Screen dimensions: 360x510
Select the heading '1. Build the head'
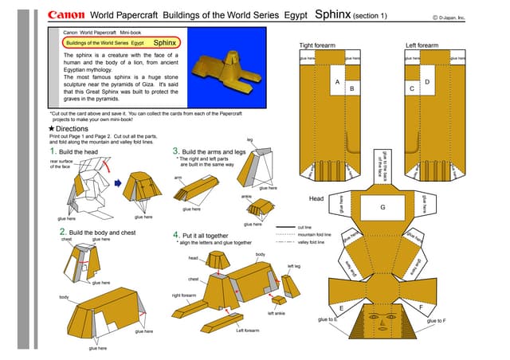point(74,151)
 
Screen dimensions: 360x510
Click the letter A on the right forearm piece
point(337,83)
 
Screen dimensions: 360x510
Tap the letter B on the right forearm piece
point(351,90)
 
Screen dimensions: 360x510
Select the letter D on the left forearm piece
point(427,83)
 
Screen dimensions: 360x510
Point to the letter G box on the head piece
point(382,207)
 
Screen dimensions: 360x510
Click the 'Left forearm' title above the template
point(422,45)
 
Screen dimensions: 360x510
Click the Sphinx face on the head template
point(384,323)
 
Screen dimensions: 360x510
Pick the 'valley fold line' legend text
point(311,243)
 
